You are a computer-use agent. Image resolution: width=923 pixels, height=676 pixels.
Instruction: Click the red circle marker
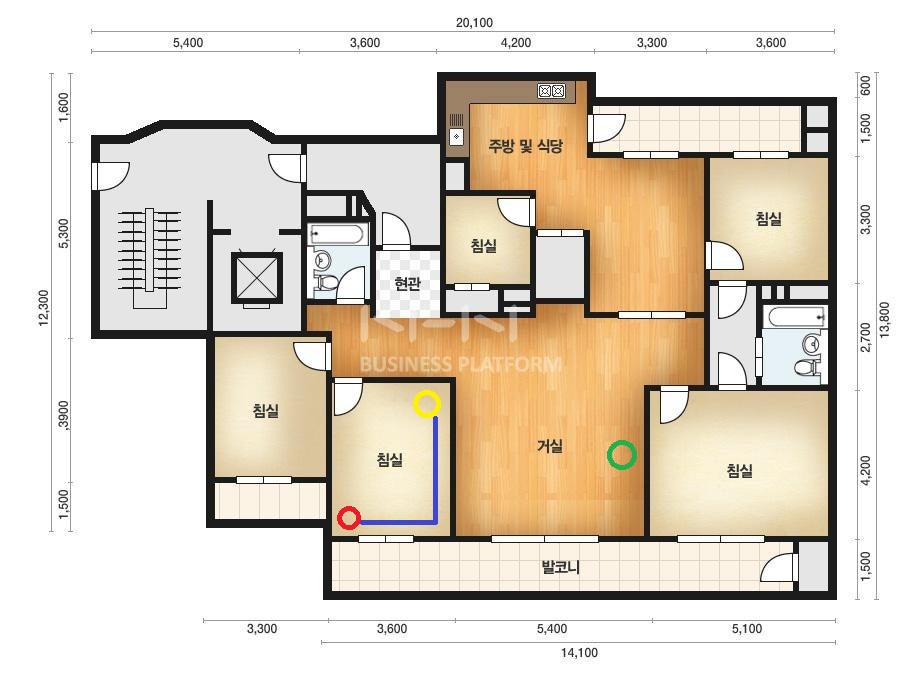pyautogui.click(x=349, y=518)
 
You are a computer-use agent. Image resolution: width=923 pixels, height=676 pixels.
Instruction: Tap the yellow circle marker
pyautogui.click(x=427, y=404)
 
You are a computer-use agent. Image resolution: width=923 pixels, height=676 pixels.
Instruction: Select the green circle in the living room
pyautogui.click(x=622, y=455)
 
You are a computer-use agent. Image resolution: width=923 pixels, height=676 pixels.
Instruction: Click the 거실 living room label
pyautogui.click(x=550, y=446)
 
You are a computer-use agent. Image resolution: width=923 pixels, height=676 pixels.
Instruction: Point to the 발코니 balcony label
pyautogui.click(x=560, y=568)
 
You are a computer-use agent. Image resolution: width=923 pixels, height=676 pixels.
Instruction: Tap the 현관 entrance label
pyautogui.click(x=407, y=284)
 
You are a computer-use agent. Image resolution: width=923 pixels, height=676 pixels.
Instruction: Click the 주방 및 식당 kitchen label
pyautogui.click(x=525, y=145)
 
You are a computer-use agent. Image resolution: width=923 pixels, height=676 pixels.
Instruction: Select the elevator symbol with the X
pyautogui.click(x=257, y=277)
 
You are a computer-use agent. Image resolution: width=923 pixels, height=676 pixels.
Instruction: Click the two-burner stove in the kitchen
pyautogui.click(x=552, y=91)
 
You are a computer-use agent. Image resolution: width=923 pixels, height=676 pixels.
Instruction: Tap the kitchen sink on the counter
pyautogui.click(x=457, y=136)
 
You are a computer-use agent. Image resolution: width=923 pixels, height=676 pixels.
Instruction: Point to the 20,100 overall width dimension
pyautogui.click(x=474, y=23)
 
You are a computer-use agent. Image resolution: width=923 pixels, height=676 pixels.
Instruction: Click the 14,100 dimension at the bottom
pyautogui.click(x=579, y=652)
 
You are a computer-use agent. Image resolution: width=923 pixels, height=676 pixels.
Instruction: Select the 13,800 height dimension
pyautogui.click(x=884, y=320)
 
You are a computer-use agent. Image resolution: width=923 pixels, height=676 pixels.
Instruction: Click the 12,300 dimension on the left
pyautogui.click(x=45, y=307)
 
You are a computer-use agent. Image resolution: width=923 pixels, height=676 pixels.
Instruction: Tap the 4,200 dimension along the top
pyautogui.click(x=516, y=43)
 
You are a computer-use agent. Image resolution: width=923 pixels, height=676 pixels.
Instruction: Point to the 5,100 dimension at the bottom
pyautogui.click(x=747, y=629)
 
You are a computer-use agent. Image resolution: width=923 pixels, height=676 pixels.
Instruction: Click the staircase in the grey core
pyautogui.click(x=150, y=258)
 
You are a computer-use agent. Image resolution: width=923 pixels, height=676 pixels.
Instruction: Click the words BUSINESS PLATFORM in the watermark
pyautogui.click(x=460, y=364)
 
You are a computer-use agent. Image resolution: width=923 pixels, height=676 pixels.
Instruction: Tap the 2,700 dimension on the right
pyautogui.click(x=865, y=337)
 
